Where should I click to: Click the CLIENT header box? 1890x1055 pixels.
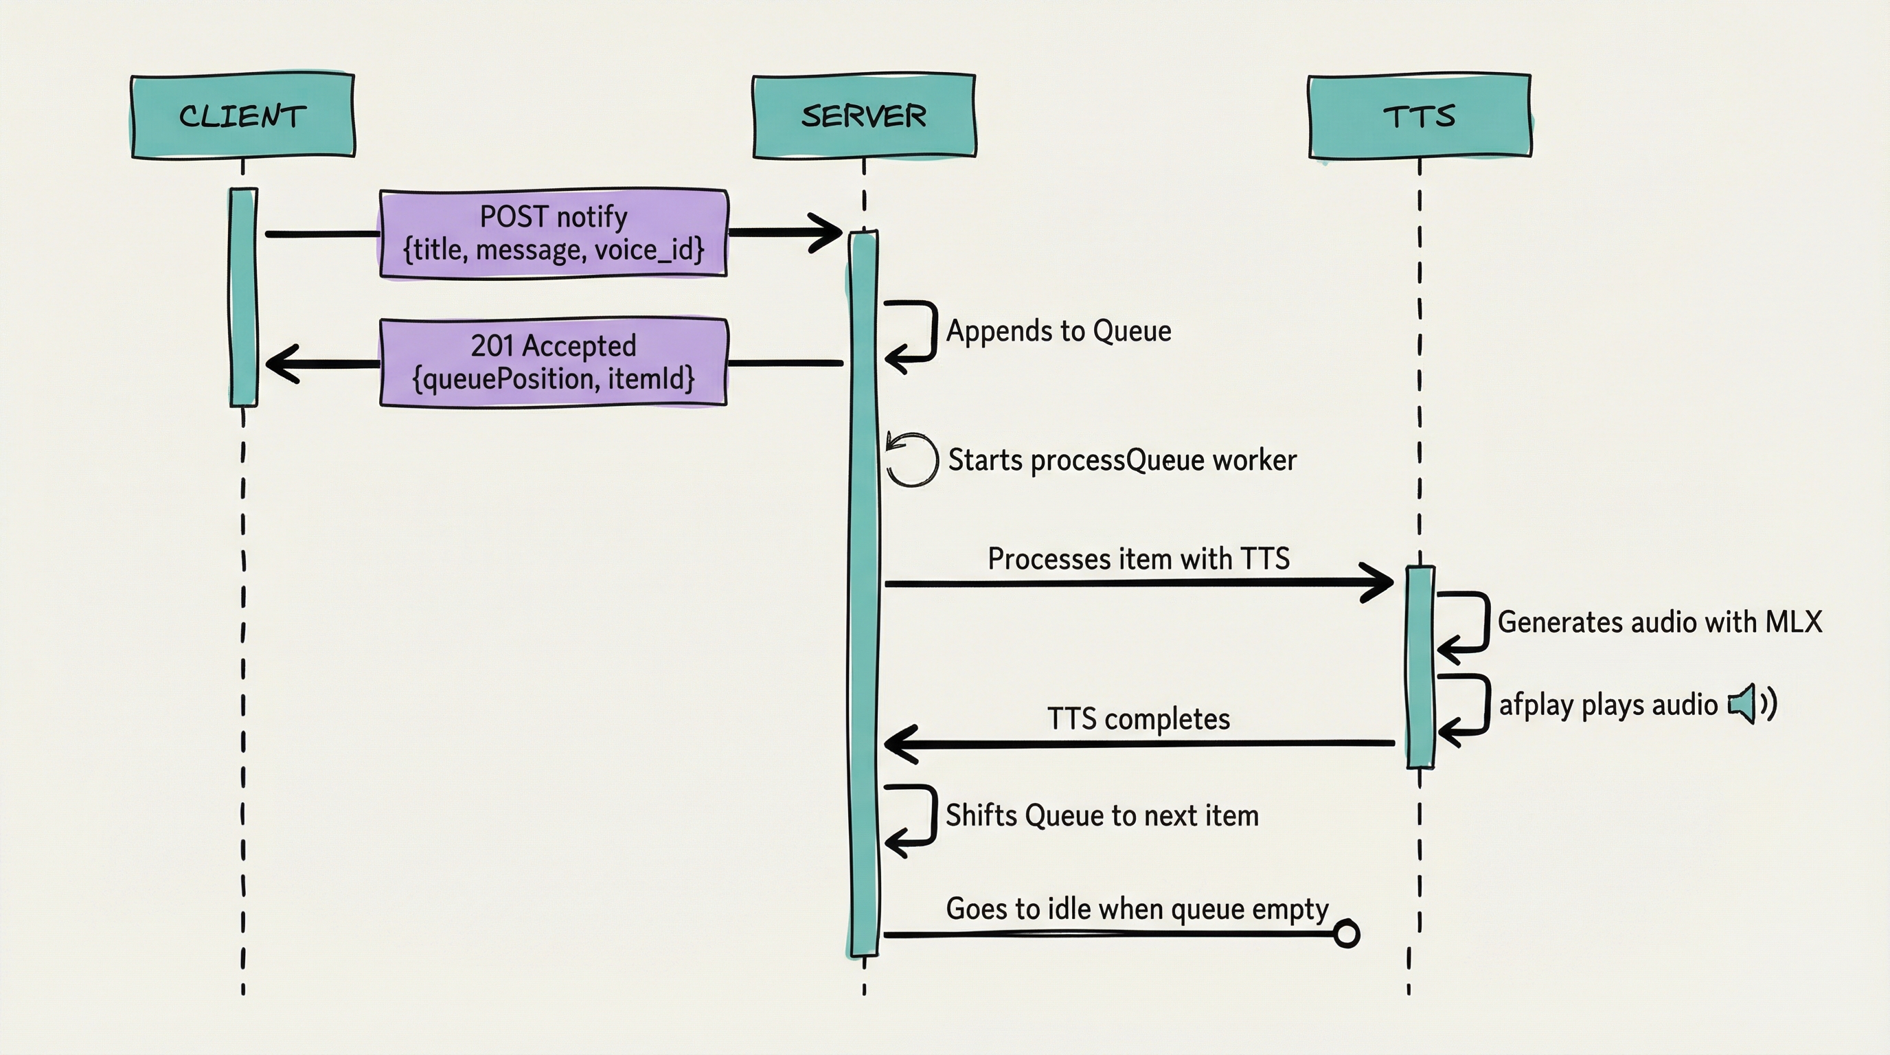243,116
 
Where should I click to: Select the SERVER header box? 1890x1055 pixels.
863,116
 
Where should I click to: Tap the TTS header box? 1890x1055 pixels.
1419,116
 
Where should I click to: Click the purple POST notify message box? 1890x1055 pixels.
554,234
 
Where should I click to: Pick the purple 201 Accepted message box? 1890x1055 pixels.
554,362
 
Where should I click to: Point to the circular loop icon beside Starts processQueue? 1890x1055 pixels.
911,460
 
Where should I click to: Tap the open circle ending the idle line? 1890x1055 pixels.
1345,934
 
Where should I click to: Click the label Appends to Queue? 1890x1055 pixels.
1058,331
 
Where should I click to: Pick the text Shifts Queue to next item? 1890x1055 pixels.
1102,816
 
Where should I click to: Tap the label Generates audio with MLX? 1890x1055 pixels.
1659,622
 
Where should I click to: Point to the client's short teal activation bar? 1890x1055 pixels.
244,297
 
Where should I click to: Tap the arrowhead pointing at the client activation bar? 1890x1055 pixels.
282,363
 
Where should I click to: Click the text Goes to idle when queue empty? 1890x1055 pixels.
1137,909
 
